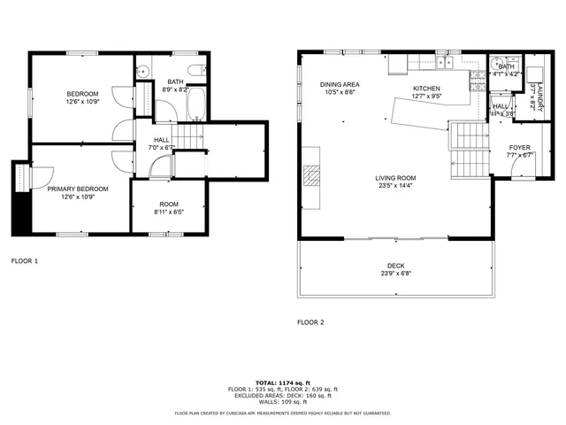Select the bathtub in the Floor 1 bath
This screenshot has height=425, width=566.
click(x=196, y=104)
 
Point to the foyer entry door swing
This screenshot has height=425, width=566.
click(x=522, y=170)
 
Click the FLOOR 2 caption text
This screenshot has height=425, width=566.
click(x=310, y=322)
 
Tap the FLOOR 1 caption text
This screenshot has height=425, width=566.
click(x=24, y=261)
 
